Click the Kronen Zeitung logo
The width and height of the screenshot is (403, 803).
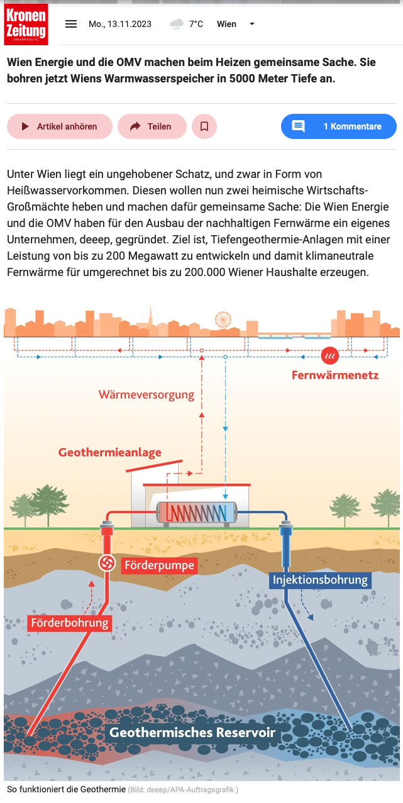[26, 24]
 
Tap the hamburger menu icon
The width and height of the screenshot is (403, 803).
[71, 24]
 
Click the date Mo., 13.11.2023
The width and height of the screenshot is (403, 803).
[120, 24]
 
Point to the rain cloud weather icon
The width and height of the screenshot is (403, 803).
[177, 24]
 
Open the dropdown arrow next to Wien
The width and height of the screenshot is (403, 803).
[252, 24]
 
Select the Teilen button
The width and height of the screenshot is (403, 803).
[152, 126]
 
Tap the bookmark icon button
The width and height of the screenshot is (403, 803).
[204, 126]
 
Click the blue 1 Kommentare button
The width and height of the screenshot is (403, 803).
[338, 126]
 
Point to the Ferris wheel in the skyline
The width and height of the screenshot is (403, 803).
[223, 320]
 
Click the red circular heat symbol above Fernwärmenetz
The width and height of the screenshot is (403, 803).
[329, 356]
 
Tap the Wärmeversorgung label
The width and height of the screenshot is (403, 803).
[146, 395]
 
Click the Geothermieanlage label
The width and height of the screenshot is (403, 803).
[110, 452]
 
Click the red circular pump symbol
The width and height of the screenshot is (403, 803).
[107, 563]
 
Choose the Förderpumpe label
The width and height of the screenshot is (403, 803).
[159, 565]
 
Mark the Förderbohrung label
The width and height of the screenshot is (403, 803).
[70, 623]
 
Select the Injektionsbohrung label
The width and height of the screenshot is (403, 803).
[321, 580]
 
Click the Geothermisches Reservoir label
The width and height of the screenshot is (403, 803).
[192, 732]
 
